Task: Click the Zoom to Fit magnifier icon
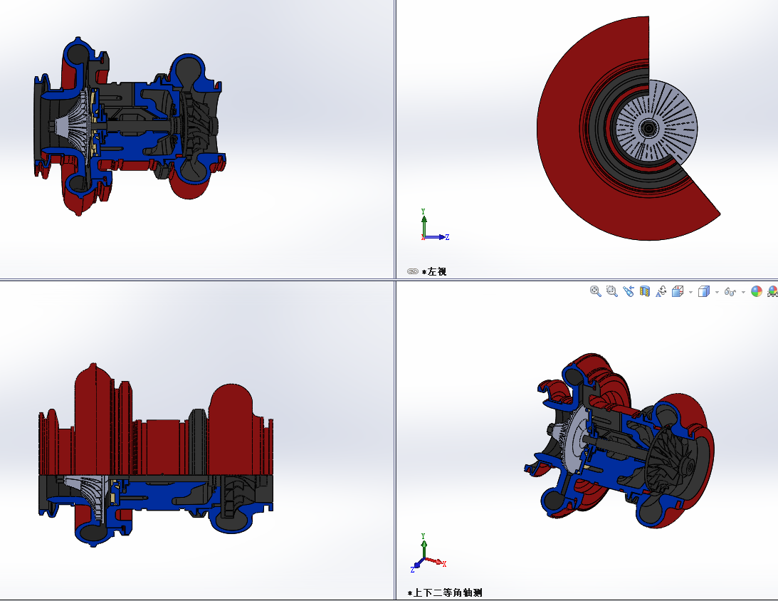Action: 595,291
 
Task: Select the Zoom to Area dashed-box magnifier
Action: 611,291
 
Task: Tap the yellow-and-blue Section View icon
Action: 644,291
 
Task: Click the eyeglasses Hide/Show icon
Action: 730,292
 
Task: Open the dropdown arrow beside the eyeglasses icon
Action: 743,292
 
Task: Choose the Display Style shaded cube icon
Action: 703,291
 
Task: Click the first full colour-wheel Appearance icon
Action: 757,291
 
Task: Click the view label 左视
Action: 436,271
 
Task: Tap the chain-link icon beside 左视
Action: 413,271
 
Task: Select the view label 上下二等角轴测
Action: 447,592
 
